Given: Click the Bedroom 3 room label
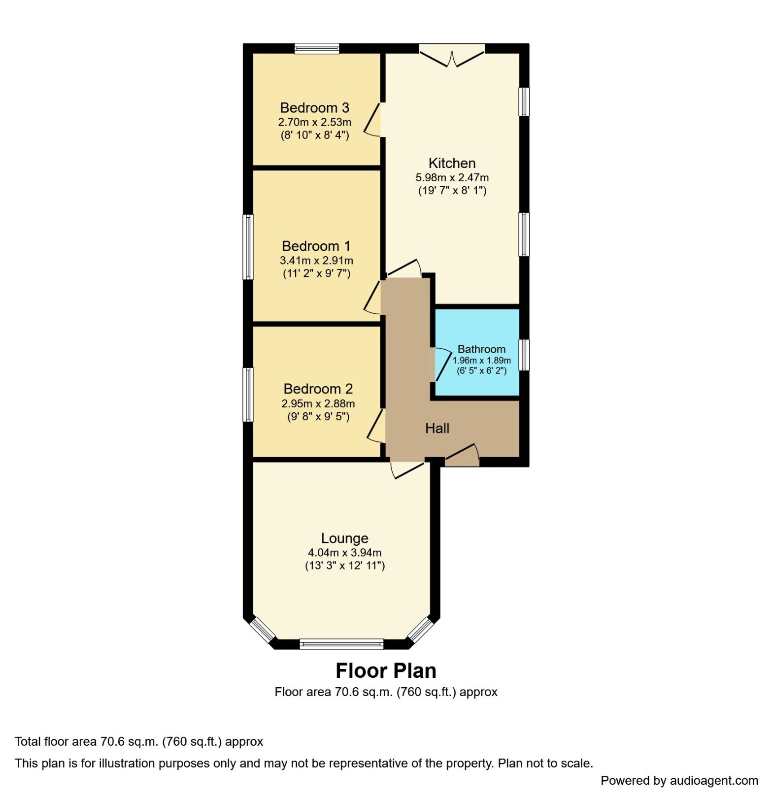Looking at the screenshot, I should click(x=314, y=107).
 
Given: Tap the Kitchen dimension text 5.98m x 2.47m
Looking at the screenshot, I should click(x=452, y=177).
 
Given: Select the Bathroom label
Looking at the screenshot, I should click(x=481, y=349).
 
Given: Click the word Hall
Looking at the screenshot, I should click(x=437, y=428).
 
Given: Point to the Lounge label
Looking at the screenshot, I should click(x=344, y=538).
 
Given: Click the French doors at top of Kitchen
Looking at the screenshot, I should click(x=452, y=54).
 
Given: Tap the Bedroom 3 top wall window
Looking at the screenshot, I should click(x=317, y=48).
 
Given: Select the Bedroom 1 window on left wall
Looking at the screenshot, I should click(x=248, y=246).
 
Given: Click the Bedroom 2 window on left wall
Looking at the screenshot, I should click(x=248, y=394).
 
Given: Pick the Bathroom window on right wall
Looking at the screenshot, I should click(x=524, y=354).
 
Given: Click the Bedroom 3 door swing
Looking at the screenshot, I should click(x=373, y=119).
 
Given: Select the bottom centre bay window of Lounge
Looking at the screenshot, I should click(x=341, y=643).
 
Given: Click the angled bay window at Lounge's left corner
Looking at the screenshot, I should click(x=262, y=630).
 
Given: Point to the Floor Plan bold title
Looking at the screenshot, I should click(x=386, y=670).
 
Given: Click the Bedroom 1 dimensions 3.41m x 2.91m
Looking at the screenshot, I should click(x=316, y=260).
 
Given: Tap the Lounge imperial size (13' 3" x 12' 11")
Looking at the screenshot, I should click(x=344, y=565).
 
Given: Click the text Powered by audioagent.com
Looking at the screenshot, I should click(x=679, y=780).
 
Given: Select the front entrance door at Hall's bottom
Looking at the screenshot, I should click(x=462, y=455).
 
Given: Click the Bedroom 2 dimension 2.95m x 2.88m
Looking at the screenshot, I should click(x=318, y=403).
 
